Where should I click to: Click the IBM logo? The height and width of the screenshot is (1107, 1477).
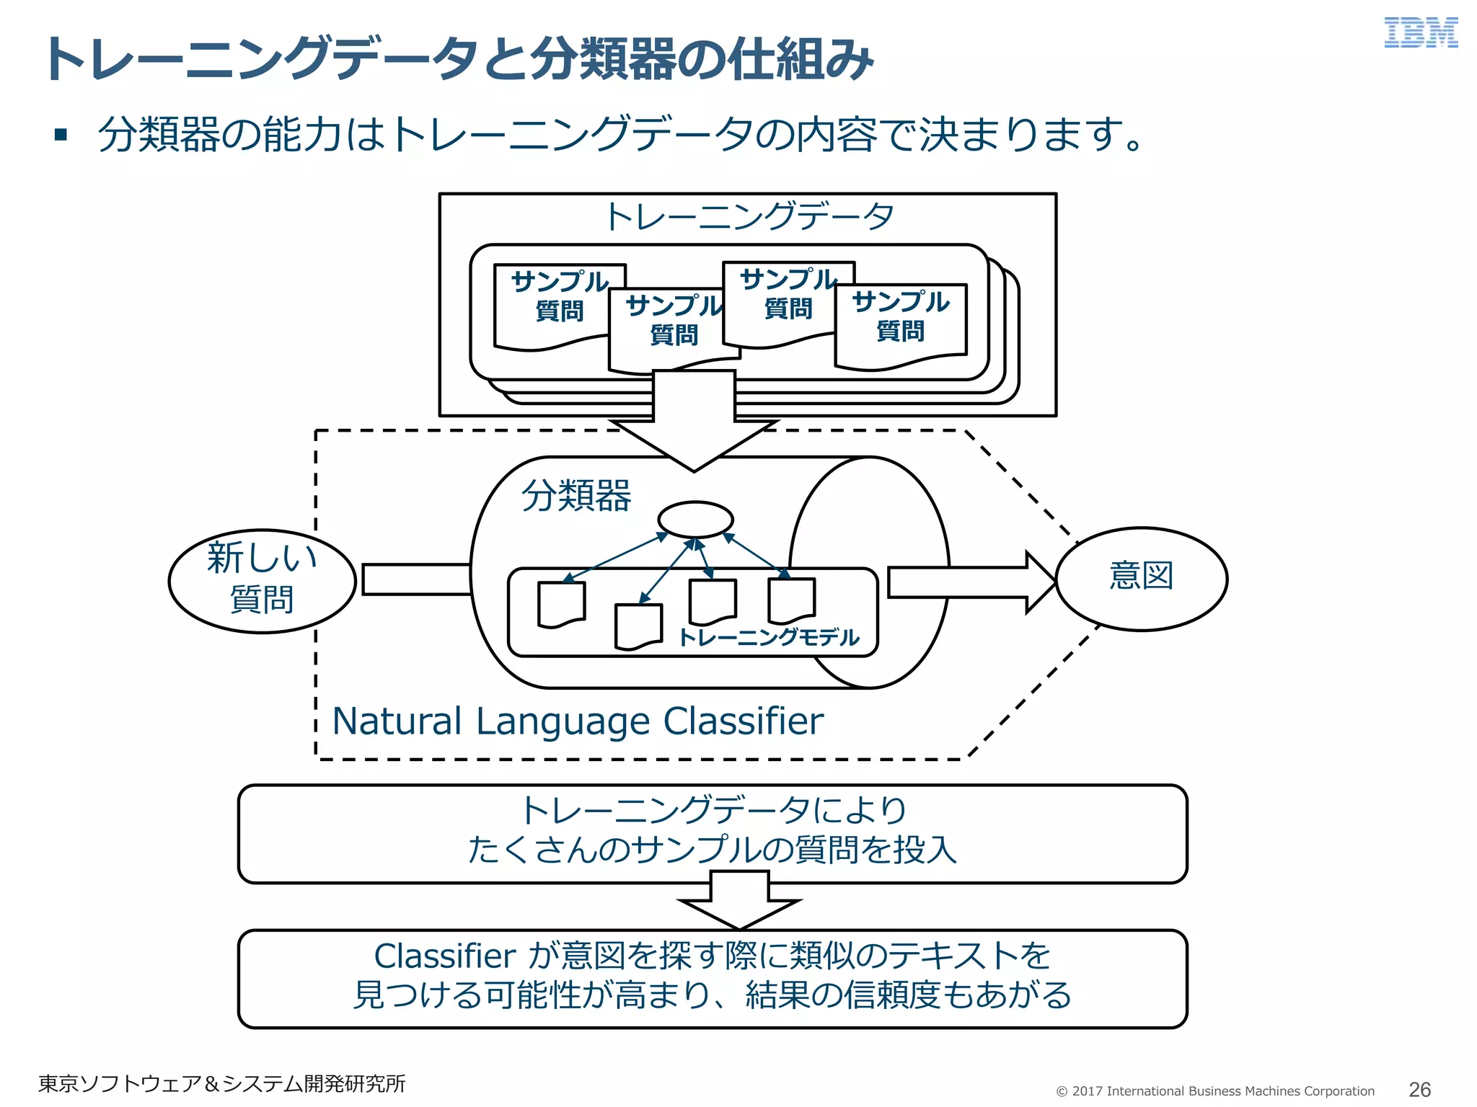click(x=1420, y=33)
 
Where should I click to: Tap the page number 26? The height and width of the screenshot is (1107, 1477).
click(x=1419, y=1089)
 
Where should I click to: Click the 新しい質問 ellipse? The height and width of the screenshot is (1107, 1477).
click(x=262, y=580)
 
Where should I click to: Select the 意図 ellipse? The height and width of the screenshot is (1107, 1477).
click(x=1141, y=579)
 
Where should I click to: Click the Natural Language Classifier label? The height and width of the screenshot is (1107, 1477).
click(x=577, y=721)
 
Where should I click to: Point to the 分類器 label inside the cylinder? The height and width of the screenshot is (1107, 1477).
click(x=576, y=496)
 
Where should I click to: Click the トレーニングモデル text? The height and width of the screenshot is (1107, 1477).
click(x=769, y=637)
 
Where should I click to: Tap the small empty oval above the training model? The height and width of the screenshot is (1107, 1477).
click(x=695, y=520)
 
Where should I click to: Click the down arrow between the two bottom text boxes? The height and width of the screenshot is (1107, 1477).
click(x=740, y=902)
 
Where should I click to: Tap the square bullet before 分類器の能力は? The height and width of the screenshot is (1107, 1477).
click(x=61, y=135)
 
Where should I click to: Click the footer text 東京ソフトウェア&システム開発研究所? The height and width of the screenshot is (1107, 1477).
click(x=221, y=1083)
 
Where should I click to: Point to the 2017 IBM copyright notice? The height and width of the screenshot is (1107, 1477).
click(x=1215, y=1090)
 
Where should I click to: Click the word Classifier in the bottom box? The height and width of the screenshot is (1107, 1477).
click(x=445, y=956)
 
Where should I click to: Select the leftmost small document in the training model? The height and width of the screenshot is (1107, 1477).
click(x=561, y=604)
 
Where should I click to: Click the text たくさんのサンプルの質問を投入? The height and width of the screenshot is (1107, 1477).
click(x=712, y=850)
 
